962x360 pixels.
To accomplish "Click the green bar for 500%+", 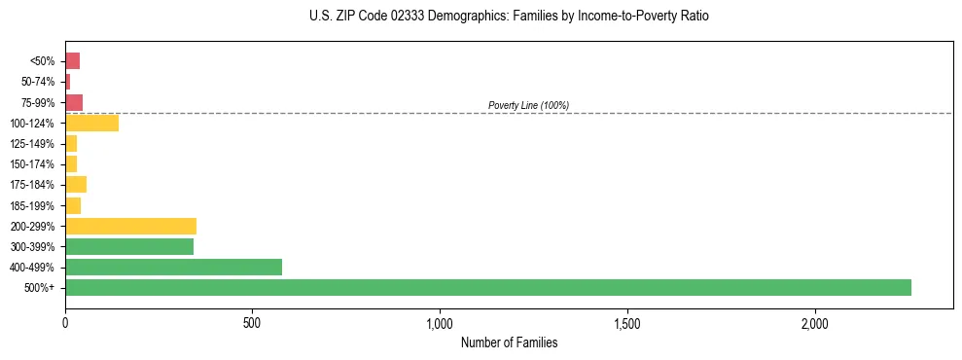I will click(x=487, y=287).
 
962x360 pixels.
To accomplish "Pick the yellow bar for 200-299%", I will click(x=130, y=226).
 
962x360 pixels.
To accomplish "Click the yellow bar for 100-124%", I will click(x=91, y=123).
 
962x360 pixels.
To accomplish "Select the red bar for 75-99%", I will click(x=74, y=102).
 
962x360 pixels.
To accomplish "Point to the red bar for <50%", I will click(x=72, y=60).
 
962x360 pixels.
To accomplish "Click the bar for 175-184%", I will click(x=76, y=184).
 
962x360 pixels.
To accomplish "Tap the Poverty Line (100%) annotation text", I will click(x=528, y=105).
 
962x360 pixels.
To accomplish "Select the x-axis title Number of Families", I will click(x=509, y=342).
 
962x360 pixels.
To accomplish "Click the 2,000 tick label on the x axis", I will click(x=815, y=322).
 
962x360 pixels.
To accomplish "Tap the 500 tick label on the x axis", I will click(x=252, y=322).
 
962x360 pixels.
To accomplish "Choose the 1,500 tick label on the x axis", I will click(x=627, y=322).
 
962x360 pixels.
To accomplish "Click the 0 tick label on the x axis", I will click(x=65, y=322).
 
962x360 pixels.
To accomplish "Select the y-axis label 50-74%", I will click(x=38, y=82).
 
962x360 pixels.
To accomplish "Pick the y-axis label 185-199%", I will click(x=35, y=205).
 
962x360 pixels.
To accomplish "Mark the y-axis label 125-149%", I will click(x=35, y=143).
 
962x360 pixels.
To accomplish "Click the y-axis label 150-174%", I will click(x=35, y=163).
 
